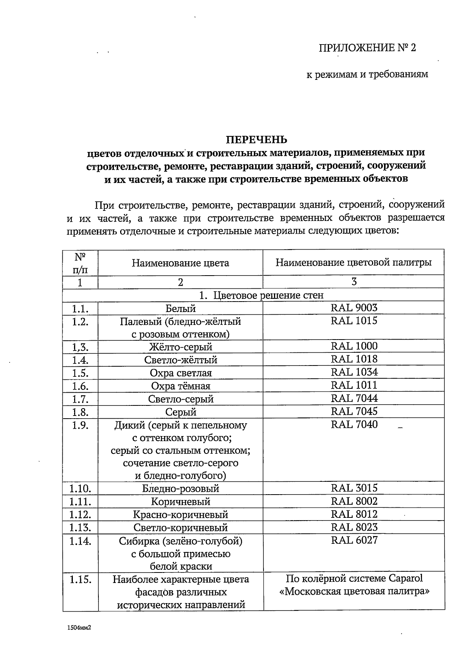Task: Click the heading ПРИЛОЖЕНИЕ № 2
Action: tap(367, 48)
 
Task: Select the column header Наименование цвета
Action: tap(180, 263)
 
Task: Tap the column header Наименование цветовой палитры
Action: tap(353, 262)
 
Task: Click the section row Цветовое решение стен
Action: tap(261, 295)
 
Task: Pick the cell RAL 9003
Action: tap(354, 308)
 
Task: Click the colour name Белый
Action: tap(180, 309)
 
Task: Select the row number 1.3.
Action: tap(80, 347)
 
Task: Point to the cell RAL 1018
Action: tap(354, 359)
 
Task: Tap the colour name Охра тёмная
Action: tap(180, 386)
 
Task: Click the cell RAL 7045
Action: tap(354, 411)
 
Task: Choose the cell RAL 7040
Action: tap(354, 424)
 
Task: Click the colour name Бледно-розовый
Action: tap(180, 488)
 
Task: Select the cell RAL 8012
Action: tap(354, 514)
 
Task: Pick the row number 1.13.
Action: tap(80, 528)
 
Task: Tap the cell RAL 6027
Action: tap(354, 540)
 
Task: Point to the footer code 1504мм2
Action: tap(78, 627)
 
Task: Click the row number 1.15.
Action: tap(80, 580)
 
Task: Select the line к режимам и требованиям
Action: tap(367, 74)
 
